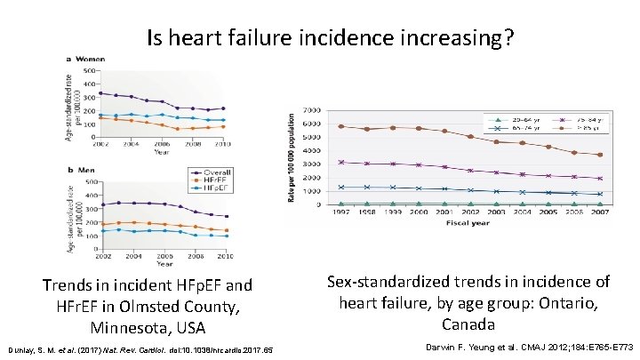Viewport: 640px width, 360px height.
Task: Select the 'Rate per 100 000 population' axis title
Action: coord(294,157)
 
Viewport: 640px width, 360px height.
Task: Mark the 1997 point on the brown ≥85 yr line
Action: coord(341,126)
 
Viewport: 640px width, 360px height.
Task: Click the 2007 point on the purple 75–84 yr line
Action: coord(601,179)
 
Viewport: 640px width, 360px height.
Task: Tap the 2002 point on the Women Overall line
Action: coord(100,92)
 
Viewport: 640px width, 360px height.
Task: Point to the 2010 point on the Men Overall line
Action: coord(226,216)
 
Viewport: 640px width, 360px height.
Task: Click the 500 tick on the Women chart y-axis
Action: coord(90,69)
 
